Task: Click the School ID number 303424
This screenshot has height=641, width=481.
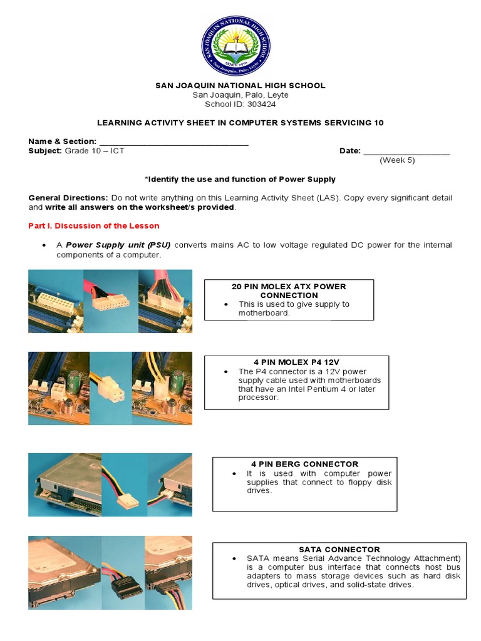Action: click(x=254, y=105)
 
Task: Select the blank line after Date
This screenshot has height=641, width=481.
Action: click(x=406, y=151)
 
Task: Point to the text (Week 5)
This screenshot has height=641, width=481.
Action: click(x=397, y=160)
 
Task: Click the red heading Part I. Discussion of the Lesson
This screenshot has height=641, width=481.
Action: click(x=94, y=226)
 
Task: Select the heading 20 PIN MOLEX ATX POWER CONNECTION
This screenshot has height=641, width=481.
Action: click(x=289, y=290)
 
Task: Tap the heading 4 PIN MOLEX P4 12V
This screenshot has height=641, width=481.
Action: click(x=297, y=362)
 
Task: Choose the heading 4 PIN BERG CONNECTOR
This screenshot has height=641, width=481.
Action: click(x=305, y=464)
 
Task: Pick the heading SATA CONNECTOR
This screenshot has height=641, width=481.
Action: click(x=339, y=550)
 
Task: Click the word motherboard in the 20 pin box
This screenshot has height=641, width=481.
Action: click(x=264, y=313)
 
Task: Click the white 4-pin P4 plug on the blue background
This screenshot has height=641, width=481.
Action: click(x=111, y=381)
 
